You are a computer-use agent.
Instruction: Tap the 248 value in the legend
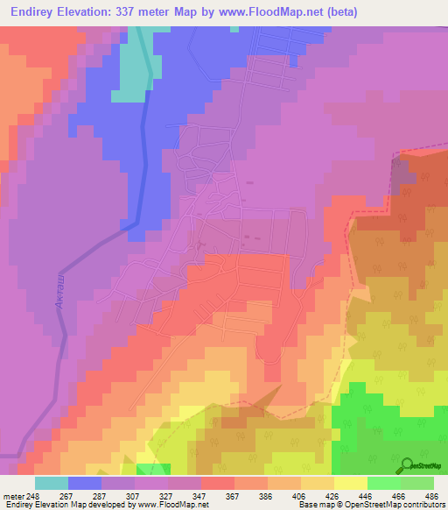[x=35, y=496]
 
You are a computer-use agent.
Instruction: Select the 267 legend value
[x=85, y=496]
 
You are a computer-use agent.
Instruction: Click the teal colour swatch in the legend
[x=52, y=483]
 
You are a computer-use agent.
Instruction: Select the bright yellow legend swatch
[x=351, y=483]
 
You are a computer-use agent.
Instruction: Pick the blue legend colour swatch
[x=85, y=483]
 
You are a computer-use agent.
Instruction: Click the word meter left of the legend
[x=13, y=496]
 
